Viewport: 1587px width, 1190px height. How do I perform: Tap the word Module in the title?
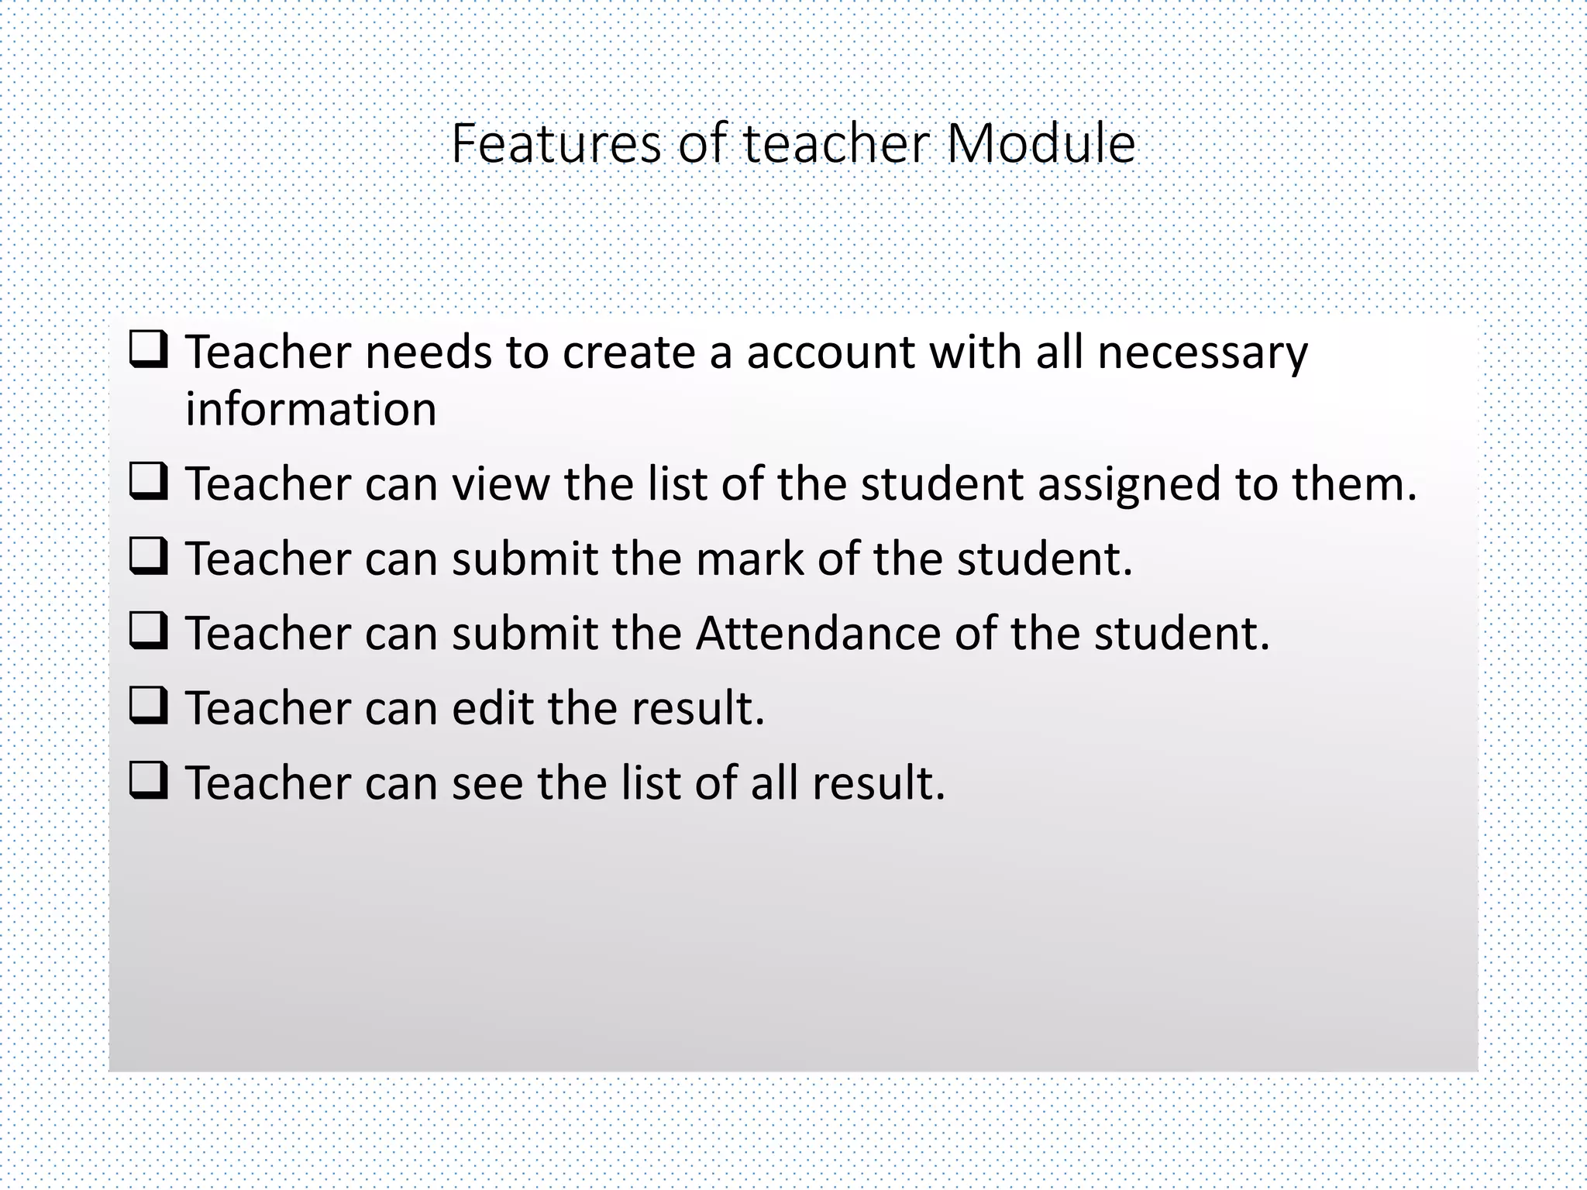coord(1041,144)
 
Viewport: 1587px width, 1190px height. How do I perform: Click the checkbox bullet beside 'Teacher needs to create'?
coord(148,350)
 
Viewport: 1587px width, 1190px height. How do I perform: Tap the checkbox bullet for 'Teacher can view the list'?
coord(148,482)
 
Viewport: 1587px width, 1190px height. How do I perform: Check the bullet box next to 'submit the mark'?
coord(148,557)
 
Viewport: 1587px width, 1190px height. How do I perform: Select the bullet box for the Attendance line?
coord(148,631)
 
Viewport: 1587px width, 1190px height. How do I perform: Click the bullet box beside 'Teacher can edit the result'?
coord(148,706)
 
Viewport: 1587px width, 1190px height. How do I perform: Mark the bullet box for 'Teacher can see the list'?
coord(148,781)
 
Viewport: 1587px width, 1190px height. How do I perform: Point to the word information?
coord(311,409)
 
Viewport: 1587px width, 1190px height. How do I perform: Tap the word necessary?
coord(1203,353)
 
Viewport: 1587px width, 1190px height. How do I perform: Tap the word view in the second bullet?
coord(501,485)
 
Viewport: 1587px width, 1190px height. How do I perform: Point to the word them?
coord(1353,485)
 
